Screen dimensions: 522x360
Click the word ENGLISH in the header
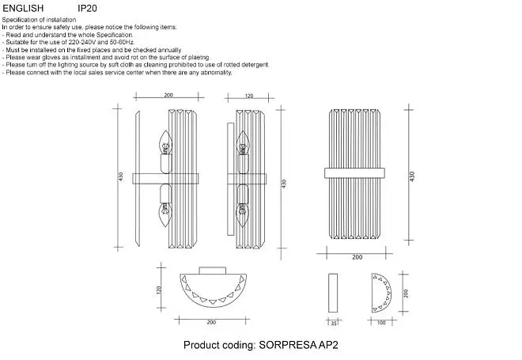pos(23,9)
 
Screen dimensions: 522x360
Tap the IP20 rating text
pos(87,9)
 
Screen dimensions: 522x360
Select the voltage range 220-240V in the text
pos(82,42)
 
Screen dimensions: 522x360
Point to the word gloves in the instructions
pos(51,58)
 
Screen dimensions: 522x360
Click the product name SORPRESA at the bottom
pos(287,345)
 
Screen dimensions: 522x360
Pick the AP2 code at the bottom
pos(328,345)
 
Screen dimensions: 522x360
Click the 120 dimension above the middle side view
pos(249,96)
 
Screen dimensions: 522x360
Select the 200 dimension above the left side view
pos(168,95)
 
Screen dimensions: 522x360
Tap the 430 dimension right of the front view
pos(412,176)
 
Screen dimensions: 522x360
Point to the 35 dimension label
pos(334,323)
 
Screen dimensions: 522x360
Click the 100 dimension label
pos(381,323)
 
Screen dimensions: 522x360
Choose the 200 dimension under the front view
pos(357,257)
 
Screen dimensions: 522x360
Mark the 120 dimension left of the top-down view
pos(158,290)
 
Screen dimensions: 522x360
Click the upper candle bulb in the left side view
pos(165,142)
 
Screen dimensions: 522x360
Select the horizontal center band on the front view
pos(354,173)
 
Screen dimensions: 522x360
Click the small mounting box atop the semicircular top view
pos(213,271)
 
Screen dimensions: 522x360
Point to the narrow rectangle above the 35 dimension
pos(333,293)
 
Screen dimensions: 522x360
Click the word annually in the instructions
pos(169,50)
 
